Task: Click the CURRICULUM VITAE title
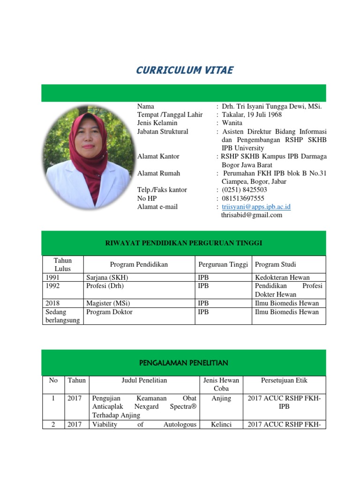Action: pos(184,71)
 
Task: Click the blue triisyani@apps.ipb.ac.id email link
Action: pos(256,207)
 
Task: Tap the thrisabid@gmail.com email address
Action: pos(252,215)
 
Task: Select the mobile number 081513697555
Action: pos(244,198)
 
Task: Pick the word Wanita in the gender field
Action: pos(232,123)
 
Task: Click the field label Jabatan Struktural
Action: pos(163,132)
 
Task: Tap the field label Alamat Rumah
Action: pos(158,173)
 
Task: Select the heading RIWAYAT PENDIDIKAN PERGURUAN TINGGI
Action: pos(183,243)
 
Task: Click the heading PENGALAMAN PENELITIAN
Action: pos(183,363)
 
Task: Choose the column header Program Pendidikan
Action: pos(139,264)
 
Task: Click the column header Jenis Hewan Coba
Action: pos(221,384)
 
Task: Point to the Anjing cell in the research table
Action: pos(221,398)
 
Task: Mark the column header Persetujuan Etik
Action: pos(284,380)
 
